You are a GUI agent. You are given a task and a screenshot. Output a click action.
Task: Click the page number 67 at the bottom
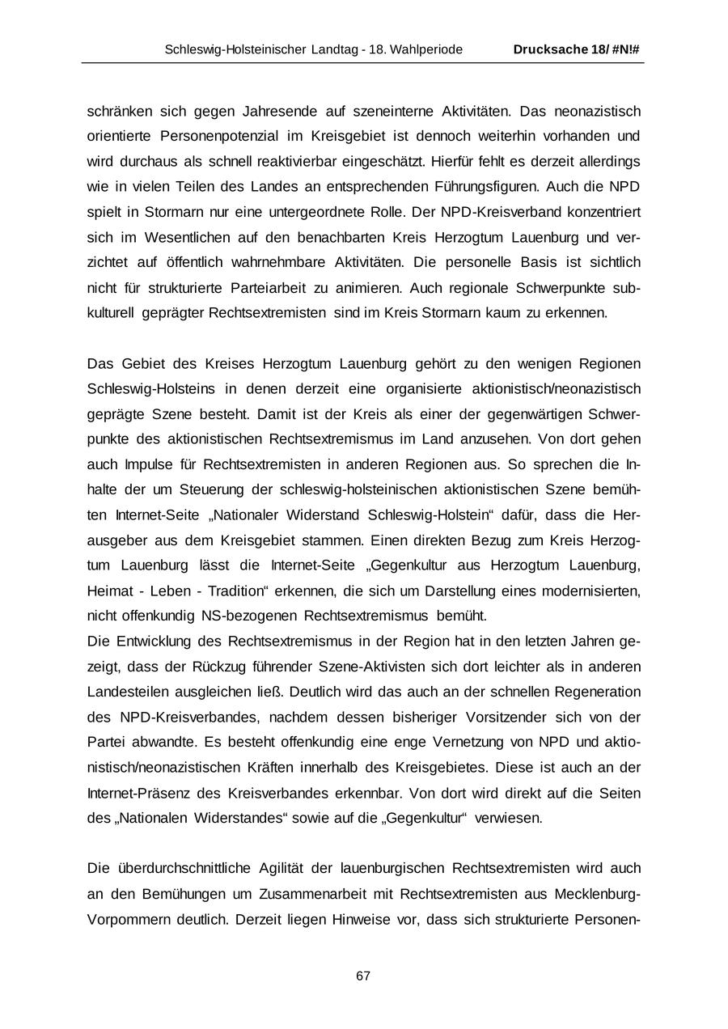[363, 976]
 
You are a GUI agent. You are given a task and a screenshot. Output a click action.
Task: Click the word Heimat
[108, 591]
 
